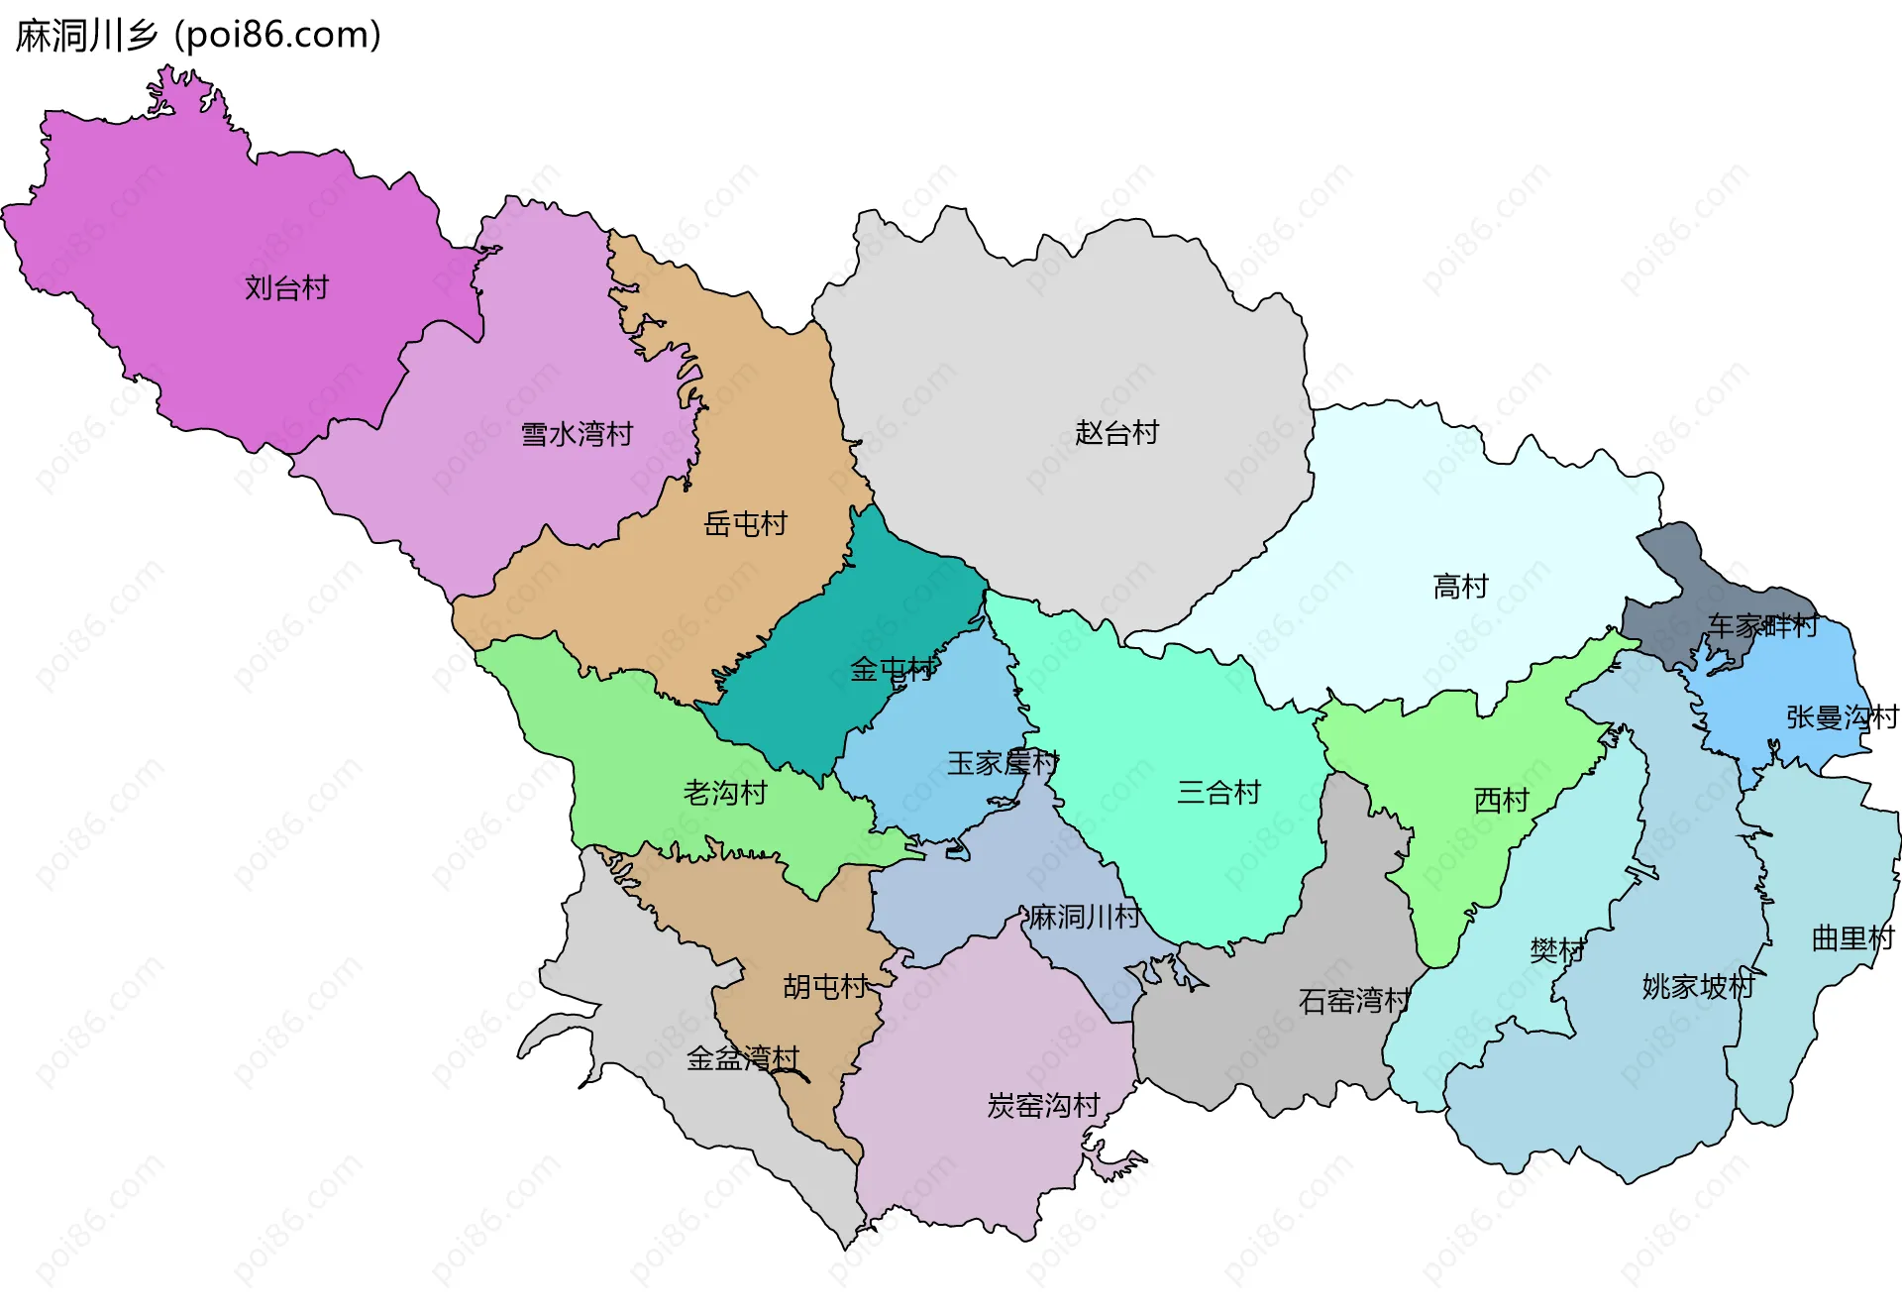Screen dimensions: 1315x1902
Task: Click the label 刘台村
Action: pyautogui.click(x=286, y=288)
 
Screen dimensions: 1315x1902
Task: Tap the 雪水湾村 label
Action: pyautogui.click(x=577, y=434)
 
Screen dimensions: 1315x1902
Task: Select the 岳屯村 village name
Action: pyautogui.click(x=745, y=523)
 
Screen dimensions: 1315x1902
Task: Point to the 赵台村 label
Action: pyautogui.click(x=1116, y=433)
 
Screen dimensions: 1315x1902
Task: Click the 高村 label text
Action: pyautogui.click(x=1460, y=587)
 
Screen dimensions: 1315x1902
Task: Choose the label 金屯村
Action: pyautogui.click(x=892, y=670)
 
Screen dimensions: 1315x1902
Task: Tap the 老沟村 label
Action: pyautogui.click(x=725, y=793)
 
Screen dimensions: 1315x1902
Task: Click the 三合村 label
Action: pyautogui.click(x=1218, y=792)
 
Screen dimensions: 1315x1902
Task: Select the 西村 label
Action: pyautogui.click(x=1501, y=800)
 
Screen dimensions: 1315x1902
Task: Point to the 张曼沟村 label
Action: pyautogui.click(x=1842, y=716)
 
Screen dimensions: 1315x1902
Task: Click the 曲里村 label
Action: pyautogui.click(x=1852, y=937)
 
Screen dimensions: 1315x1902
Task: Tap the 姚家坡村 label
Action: pyautogui.click(x=1698, y=986)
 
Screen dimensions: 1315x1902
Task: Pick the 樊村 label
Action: pyautogui.click(x=1556, y=950)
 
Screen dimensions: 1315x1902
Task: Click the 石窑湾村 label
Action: pyautogui.click(x=1354, y=1001)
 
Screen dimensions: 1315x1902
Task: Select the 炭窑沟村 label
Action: pyautogui.click(x=1043, y=1105)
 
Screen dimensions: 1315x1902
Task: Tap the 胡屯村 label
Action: pyautogui.click(x=825, y=986)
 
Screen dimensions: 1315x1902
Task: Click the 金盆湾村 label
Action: pyautogui.click(x=743, y=1058)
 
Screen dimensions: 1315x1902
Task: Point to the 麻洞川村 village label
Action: pyautogui.click(x=1085, y=917)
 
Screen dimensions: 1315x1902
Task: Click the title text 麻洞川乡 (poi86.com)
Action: pyautogui.click(x=198, y=36)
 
